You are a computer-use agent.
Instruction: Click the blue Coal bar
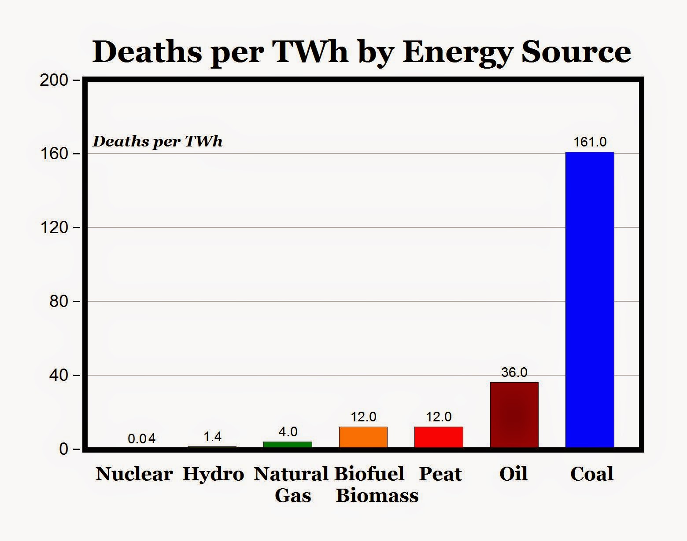[590, 300]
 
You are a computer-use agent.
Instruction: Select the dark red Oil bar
[514, 415]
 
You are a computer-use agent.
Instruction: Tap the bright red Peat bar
[439, 437]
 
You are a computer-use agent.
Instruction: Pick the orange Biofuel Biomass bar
[363, 437]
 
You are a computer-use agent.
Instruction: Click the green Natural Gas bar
[288, 444]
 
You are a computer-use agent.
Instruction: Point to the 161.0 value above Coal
[590, 142]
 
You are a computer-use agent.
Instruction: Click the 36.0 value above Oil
[514, 372]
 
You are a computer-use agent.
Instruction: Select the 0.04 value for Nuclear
[141, 439]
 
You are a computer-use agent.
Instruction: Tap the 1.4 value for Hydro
[212, 436]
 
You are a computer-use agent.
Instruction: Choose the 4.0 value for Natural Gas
[288, 431]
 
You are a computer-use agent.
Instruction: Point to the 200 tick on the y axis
[54, 80]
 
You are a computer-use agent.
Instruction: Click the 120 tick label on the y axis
[54, 228]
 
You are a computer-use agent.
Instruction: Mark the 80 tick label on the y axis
[59, 301]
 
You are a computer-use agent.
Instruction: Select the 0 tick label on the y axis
[64, 449]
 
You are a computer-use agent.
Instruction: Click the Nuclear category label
[134, 474]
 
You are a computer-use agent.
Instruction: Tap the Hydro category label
[213, 474]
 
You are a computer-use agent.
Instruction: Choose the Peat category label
[440, 474]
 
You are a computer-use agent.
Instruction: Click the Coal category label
[591, 474]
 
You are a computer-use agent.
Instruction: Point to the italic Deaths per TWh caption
[157, 142]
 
